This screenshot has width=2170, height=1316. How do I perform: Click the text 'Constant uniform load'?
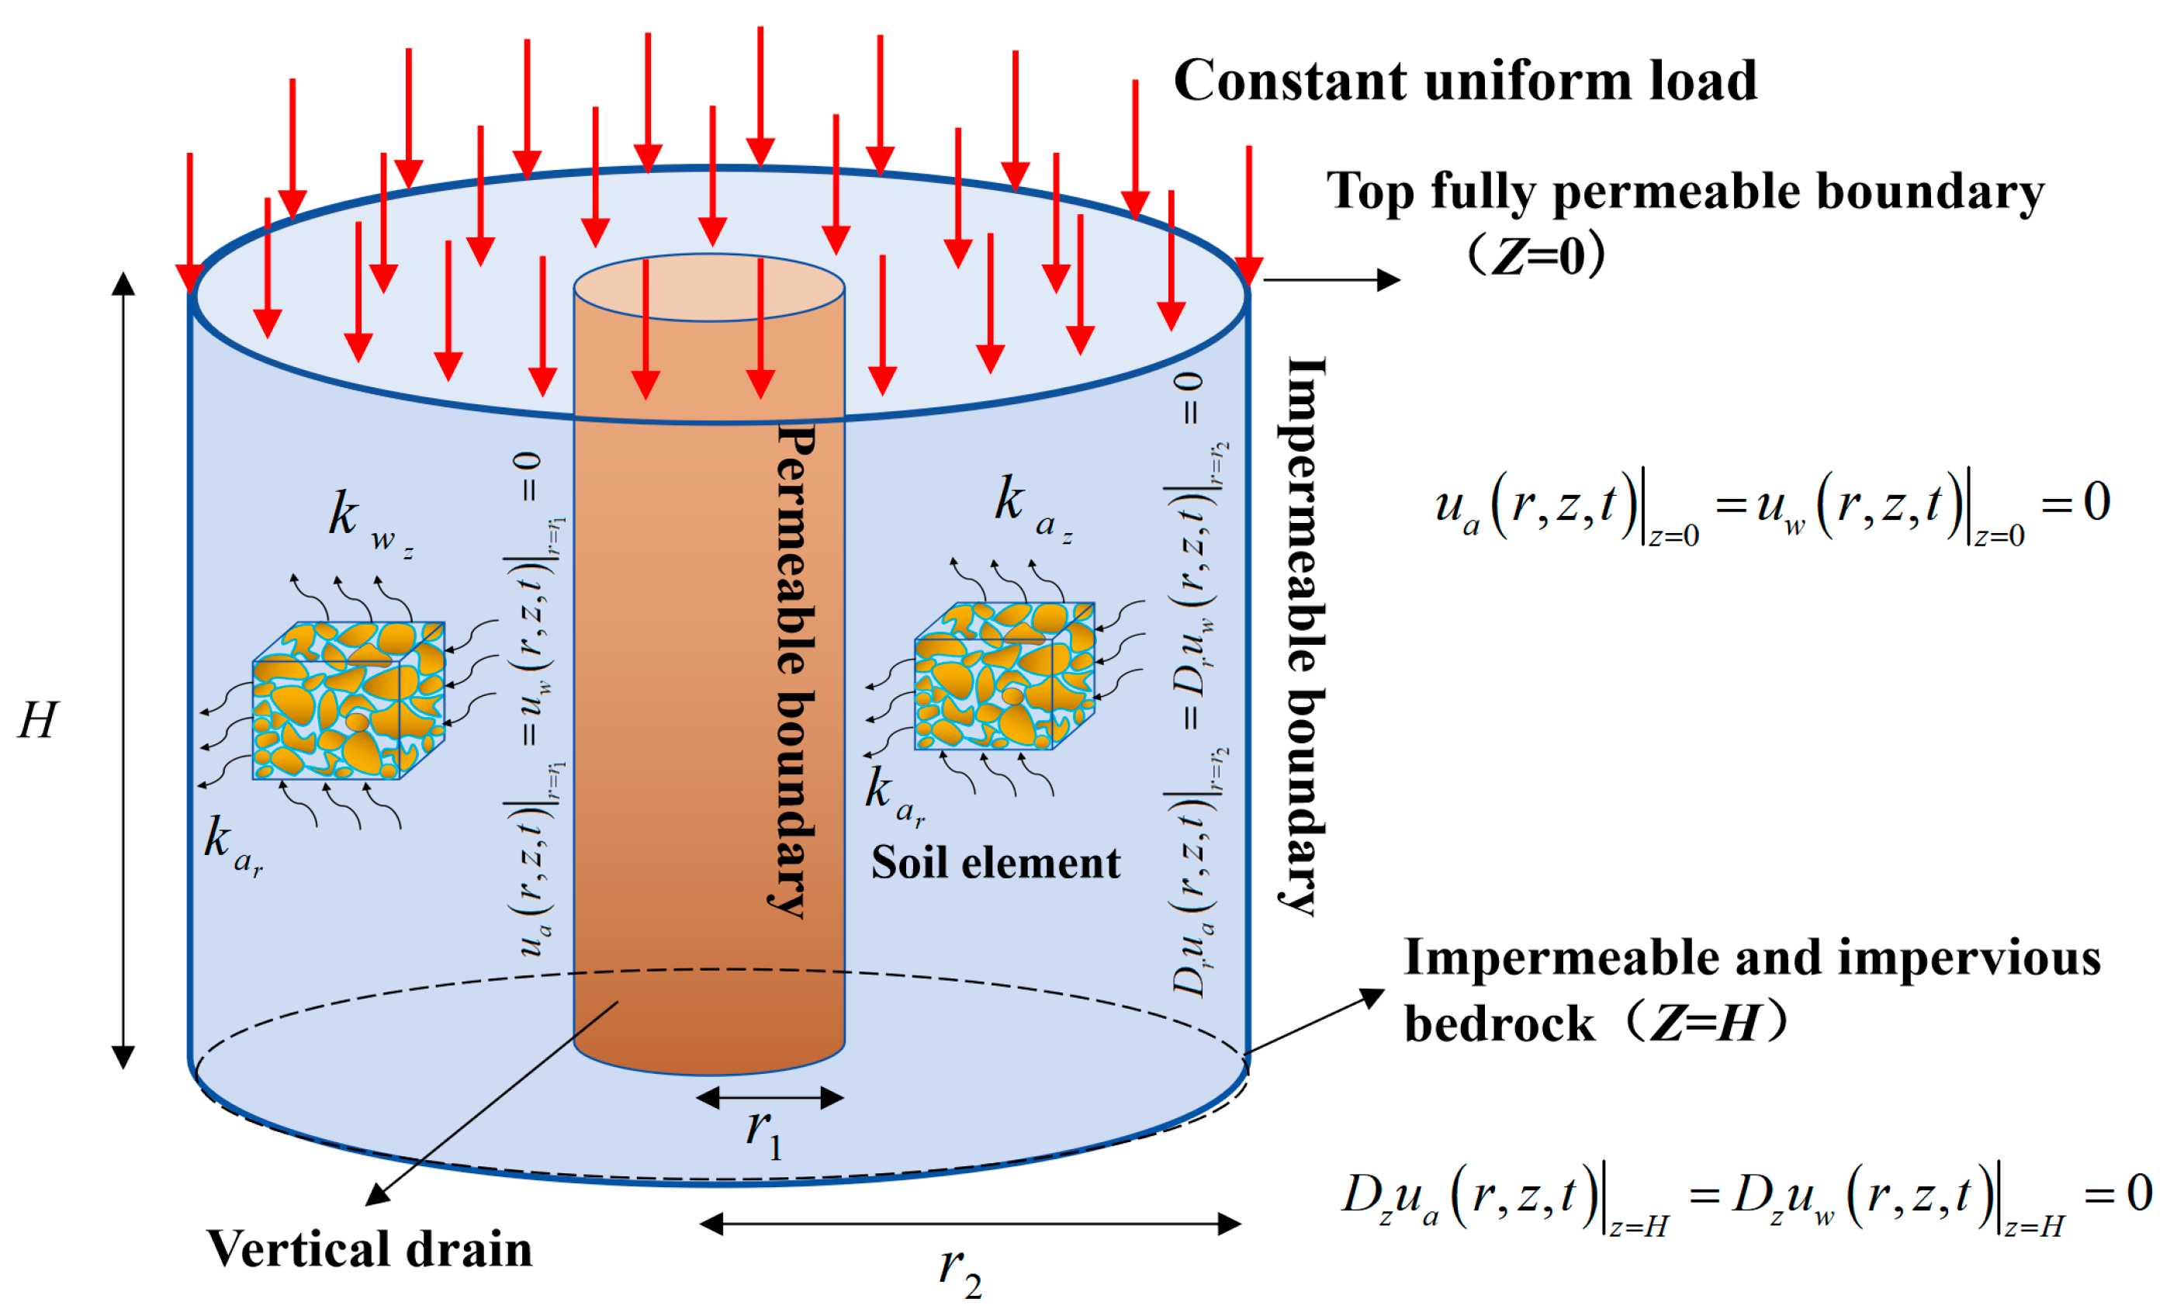(x=1465, y=81)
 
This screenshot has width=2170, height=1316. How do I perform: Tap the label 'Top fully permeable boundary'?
(x=1685, y=192)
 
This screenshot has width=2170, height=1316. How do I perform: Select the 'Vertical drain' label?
(x=370, y=1249)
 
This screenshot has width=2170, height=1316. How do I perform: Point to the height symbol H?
(x=38, y=721)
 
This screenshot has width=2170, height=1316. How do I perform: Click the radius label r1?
(x=763, y=1132)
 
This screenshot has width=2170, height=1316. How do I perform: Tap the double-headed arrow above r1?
(x=770, y=1097)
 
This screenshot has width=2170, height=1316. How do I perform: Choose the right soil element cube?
(x=1004, y=677)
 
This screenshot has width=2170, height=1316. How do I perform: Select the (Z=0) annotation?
(x=1536, y=256)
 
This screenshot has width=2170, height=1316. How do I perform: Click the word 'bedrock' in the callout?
(x=1498, y=1024)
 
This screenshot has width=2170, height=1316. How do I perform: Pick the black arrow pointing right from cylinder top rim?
(x=1331, y=280)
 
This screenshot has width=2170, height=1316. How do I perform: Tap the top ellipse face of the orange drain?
(x=709, y=288)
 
